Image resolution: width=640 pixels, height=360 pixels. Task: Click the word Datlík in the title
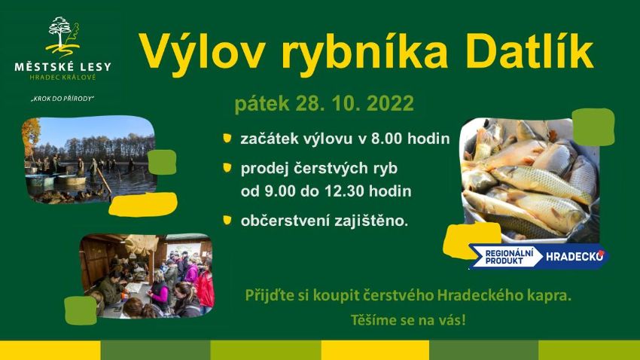pos(529,52)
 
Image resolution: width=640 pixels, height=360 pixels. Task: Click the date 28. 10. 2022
pos(355,103)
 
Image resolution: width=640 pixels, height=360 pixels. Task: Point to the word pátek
pos(262,104)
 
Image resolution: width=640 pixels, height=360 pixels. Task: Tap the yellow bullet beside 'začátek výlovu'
pos(227,138)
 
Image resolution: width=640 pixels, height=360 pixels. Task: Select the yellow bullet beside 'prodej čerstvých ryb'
pos(227,168)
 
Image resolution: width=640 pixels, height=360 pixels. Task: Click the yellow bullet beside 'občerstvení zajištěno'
pos(227,221)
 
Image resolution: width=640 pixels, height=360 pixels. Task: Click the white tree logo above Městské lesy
pos(62,37)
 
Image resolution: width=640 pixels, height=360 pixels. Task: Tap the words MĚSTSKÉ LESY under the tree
pos(62,66)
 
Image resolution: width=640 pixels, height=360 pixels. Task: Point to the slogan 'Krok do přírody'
pos(62,99)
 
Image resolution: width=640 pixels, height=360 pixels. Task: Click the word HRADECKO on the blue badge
pos(574,257)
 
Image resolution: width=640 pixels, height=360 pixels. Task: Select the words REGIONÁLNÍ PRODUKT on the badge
pos(509,257)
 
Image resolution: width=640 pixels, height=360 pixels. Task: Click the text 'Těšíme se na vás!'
pos(408,319)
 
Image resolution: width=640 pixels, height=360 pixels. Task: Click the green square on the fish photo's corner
pos(593,127)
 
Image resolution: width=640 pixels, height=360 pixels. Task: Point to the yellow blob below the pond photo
pos(143,204)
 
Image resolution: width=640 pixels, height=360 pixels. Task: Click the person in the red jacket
pos(206,288)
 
